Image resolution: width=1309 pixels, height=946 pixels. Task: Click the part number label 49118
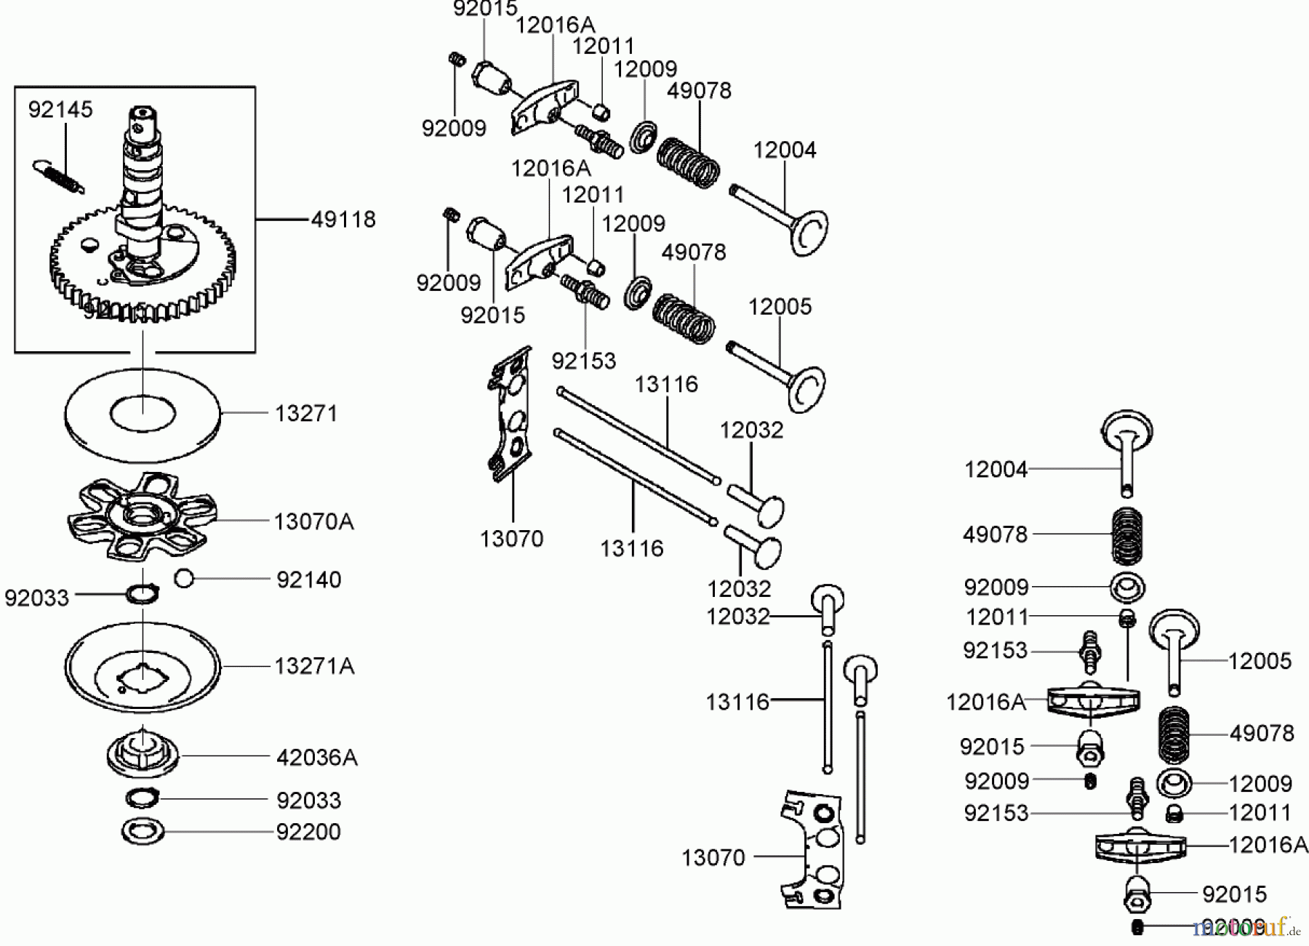pyautogui.click(x=343, y=219)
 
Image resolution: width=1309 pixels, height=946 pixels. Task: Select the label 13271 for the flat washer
pyautogui.click(x=306, y=413)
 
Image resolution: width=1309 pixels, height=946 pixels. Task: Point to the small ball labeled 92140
pyautogui.click(x=184, y=579)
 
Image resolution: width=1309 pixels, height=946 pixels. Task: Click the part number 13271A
pyautogui.click(x=314, y=666)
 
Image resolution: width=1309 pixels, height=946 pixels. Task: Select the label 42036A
pyautogui.click(x=317, y=758)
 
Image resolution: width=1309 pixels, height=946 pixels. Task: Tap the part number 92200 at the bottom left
pyautogui.click(x=308, y=831)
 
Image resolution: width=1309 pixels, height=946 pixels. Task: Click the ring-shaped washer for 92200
pyautogui.click(x=143, y=831)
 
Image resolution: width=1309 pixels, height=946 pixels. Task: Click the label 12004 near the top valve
pyautogui.click(x=784, y=151)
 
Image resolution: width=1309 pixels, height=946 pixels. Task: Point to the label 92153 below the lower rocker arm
pyautogui.click(x=583, y=361)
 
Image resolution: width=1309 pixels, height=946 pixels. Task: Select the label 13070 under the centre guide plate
pyautogui.click(x=511, y=539)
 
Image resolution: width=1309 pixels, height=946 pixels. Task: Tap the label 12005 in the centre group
pyautogui.click(x=780, y=306)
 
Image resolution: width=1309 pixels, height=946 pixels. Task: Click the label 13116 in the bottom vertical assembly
pyautogui.click(x=737, y=702)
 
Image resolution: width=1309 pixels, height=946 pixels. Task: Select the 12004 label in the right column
pyautogui.click(x=996, y=470)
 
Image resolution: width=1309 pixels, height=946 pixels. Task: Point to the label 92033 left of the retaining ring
pyautogui.click(x=36, y=598)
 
